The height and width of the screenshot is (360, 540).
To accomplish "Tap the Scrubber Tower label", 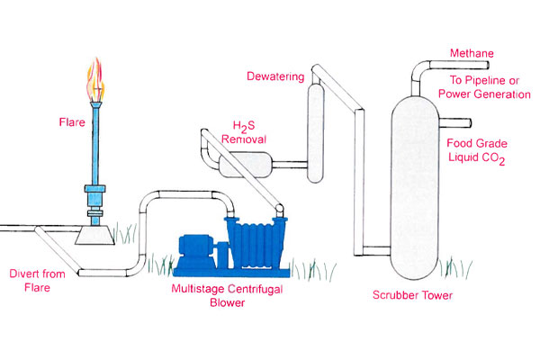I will pyautogui.click(x=412, y=294).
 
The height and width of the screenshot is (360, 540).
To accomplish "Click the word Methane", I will pyautogui.click(x=472, y=54).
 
